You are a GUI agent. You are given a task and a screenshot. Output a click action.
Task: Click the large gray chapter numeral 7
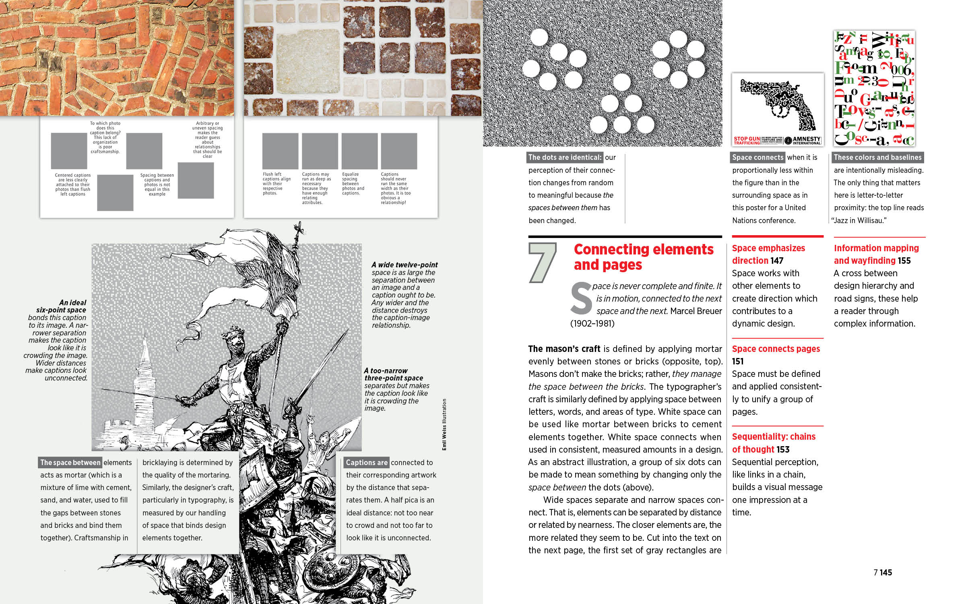[542, 263]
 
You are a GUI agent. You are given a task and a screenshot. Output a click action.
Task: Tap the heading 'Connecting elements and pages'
[643, 257]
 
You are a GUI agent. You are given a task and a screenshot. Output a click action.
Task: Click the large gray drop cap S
[581, 298]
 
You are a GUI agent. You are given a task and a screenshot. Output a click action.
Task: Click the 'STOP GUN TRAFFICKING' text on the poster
[747, 141]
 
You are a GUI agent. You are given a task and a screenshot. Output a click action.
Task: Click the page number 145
[885, 572]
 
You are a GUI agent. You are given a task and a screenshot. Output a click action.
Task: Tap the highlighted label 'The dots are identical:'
[565, 157]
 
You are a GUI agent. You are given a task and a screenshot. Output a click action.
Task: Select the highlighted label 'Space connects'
[758, 157]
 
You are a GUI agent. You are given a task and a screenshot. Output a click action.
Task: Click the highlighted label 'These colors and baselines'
[877, 157]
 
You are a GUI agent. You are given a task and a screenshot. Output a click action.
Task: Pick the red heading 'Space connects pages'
[776, 349]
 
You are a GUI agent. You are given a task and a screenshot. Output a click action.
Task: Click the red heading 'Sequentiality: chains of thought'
[773, 443]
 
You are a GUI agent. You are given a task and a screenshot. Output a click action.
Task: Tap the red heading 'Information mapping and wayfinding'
[876, 254]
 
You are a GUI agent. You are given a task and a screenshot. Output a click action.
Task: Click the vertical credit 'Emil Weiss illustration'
[444, 424]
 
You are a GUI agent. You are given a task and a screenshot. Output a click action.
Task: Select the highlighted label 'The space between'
[70, 463]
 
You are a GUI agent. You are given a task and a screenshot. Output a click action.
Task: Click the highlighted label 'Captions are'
[366, 463]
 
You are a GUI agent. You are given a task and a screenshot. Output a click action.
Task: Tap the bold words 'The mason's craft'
[564, 349]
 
